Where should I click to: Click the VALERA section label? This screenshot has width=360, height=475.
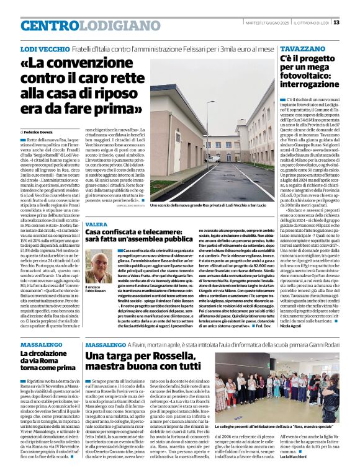tap(96, 224)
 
